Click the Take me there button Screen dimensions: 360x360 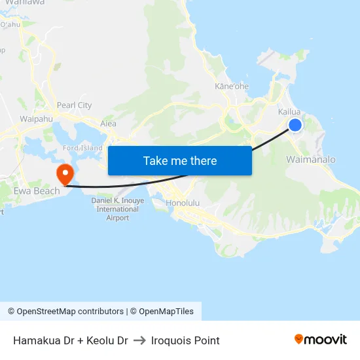tap(180, 160)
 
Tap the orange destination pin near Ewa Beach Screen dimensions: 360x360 tap(65, 174)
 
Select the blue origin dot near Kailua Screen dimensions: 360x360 tap(295, 124)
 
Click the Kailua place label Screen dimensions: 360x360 tap(289, 112)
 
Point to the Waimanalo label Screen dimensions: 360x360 tap(311, 160)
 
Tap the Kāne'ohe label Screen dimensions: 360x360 tap(232, 86)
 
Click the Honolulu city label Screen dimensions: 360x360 tap(183, 203)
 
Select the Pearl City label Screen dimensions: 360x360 tap(74, 105)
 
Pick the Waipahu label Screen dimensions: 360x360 tap(36, 119)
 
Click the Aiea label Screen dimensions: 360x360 tap(108, 123)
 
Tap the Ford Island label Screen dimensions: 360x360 tap(82, 148)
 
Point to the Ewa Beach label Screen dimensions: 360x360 tap(37, 191)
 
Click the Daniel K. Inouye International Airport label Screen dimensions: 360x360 tap(117, 209)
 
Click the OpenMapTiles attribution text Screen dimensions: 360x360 tap(164, 312)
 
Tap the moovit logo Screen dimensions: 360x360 tap(320, 339)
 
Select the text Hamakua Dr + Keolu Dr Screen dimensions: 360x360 tap(70, 340)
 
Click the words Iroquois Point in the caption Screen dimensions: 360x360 tap(185, 340)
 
